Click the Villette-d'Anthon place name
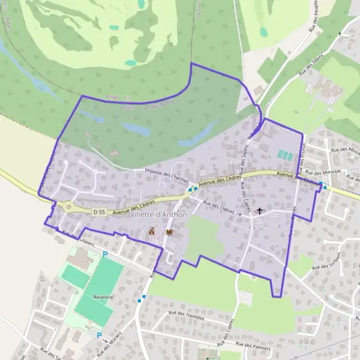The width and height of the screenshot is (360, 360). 158,215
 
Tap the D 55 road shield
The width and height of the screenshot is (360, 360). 100,212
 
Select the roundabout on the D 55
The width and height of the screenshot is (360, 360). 68,208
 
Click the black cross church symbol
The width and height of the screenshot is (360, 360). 259,211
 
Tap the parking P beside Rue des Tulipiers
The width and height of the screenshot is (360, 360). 106,254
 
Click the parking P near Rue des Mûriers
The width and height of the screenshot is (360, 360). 99,336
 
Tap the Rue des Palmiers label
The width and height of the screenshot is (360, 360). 254,346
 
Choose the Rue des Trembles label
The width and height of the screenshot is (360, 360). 187,317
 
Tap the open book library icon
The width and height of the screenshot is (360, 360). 169,231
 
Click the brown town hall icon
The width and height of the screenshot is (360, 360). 152,231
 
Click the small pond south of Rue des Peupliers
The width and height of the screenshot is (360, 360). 263,31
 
